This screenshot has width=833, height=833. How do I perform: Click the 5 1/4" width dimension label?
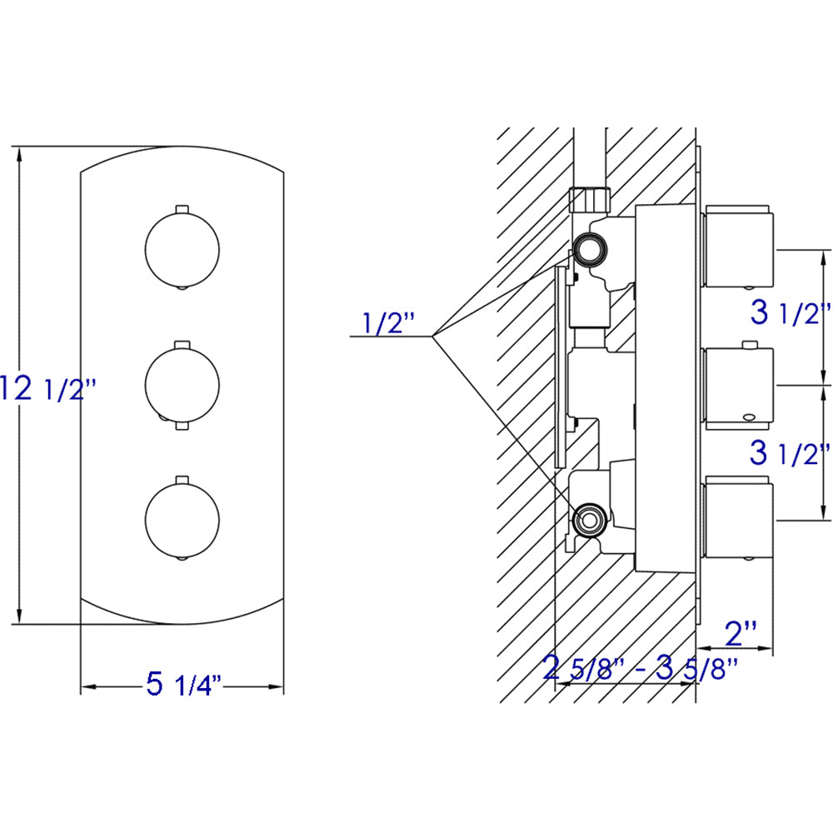(182, 686)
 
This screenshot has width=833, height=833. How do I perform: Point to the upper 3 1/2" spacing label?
(790, 314)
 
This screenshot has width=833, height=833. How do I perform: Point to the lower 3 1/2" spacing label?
(790, 454)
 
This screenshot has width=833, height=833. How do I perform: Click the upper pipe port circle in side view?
(591, 247)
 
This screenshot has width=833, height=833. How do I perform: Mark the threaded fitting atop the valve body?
(590, 201)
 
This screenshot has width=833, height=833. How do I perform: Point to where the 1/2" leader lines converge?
(433, 336)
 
